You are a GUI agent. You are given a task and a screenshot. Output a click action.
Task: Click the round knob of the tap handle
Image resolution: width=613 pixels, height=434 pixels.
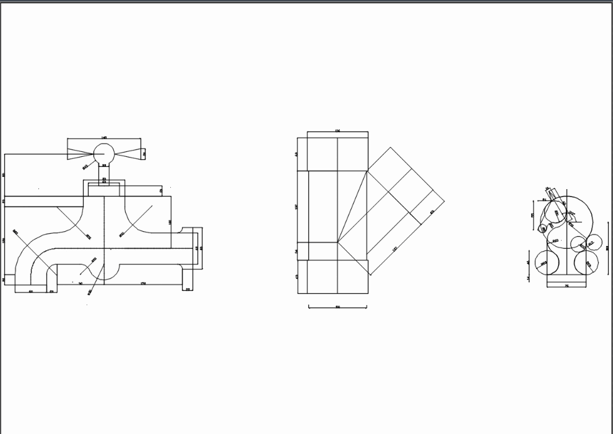click(x=103, y=153)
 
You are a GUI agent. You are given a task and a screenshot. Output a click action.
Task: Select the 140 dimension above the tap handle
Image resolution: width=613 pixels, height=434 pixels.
click(x=104, y=138)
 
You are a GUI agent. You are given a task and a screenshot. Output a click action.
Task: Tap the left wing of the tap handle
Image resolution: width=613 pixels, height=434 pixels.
click(x=80, y=153)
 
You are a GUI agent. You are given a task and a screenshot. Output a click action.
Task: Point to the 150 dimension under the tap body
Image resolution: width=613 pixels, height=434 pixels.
click(x=144, y=283)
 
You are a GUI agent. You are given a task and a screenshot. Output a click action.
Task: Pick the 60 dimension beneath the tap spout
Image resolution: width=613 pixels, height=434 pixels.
click(x=31, y=291)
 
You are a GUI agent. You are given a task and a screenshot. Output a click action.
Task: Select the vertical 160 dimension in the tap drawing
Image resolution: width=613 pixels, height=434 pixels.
click(x=170, y=221)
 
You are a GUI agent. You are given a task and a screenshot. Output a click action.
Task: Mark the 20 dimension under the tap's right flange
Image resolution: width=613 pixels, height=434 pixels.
click(x=188, y=290)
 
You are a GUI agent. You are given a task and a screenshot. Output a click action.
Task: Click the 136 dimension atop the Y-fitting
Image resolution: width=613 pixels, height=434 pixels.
click(x=337, y=131)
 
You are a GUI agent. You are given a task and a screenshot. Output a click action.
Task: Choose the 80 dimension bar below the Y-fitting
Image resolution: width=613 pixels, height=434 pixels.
click(x=337, y=306)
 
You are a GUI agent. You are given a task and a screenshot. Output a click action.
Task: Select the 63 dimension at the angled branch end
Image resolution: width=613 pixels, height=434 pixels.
click(x=432, y=212)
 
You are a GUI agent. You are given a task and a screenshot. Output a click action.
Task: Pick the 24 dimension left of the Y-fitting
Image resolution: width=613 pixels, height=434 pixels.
click(x=297, y=252)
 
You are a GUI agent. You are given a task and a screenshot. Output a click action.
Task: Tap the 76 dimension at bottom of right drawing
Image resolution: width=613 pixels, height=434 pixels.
click(x=567, y=286)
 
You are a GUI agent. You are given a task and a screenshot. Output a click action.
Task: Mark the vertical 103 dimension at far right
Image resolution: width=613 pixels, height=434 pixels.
click(x=607, y=248)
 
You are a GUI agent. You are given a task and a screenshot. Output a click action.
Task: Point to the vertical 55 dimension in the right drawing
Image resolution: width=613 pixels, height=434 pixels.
click(x=533, y=215)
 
